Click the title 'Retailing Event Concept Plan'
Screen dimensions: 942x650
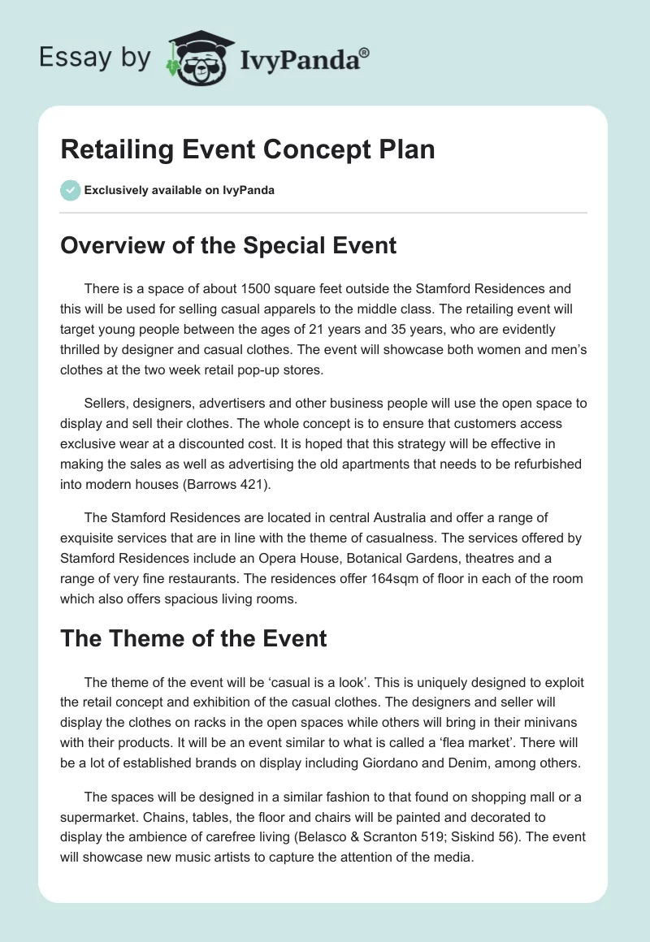click(x=248, y=149)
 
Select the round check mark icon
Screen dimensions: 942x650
click(x=70, y=190)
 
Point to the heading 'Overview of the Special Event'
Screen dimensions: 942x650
click(x=228, y=244)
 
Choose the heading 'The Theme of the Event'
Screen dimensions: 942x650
click(x=193, y=638)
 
